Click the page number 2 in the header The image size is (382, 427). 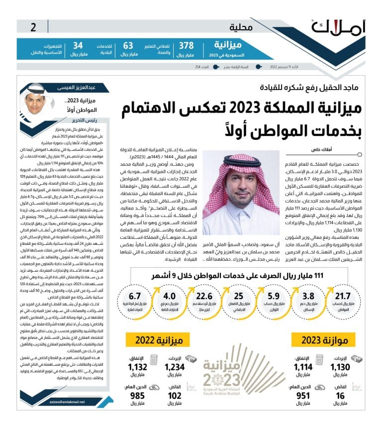point(33,27)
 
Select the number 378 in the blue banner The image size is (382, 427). point(187,46)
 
